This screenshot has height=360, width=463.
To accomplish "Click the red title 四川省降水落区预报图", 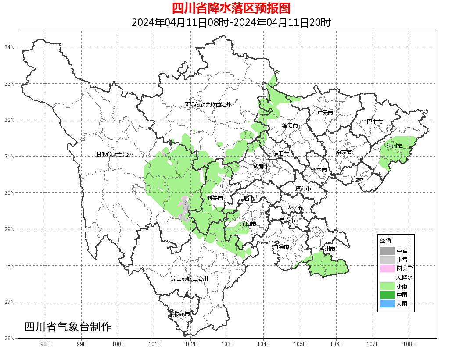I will (x=231, y=8).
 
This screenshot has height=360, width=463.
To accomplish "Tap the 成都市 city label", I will (x=261, y=167).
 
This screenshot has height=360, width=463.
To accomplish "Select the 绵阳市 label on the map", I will (x=290, y=126).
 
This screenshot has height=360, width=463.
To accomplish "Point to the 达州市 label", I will (x=394, y=146).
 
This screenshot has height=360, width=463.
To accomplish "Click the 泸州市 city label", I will (x=327, y=249).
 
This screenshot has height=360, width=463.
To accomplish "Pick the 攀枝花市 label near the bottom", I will (x=179, y=314).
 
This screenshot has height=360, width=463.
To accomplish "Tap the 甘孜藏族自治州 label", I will (x=115, y=155).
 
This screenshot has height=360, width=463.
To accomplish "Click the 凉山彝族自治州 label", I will (x=189, y=279).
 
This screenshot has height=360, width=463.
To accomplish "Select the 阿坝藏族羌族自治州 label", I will (x=208, y=105).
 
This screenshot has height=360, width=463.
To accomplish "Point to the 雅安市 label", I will (x=215, y=198).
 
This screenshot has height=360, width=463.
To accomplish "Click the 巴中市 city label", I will (x=374, y=122).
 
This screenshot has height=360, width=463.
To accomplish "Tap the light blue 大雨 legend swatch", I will (x=387, y=303).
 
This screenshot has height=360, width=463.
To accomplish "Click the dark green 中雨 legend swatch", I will (x=387, y=295).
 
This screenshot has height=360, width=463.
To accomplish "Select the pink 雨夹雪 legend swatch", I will (x=387, y=268).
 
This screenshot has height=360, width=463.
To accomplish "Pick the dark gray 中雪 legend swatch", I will (x=387, y=251).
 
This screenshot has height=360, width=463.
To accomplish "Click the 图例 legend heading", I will (x=386, y=240).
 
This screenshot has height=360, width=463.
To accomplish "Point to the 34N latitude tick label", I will (x=10, y=47).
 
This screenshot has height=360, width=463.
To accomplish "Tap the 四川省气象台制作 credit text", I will (x=68, y=327).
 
